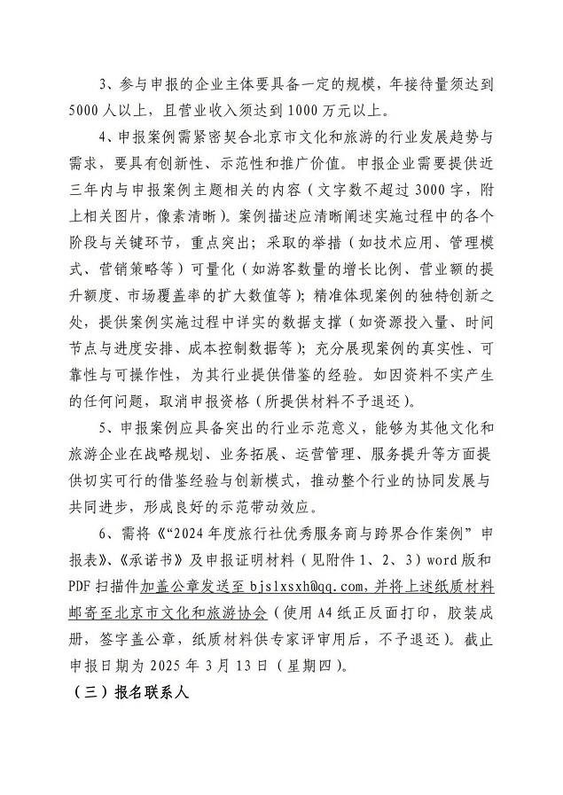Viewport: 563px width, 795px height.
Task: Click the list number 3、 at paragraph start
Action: [109, 86]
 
